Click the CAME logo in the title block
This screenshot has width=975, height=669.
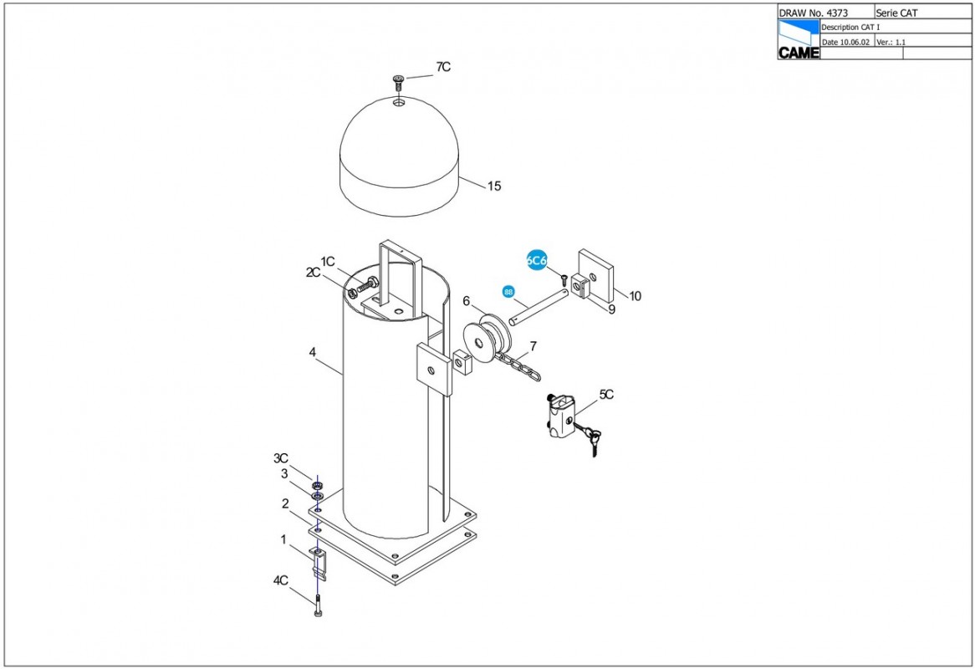point(799,40)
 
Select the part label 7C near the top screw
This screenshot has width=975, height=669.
point(442,67)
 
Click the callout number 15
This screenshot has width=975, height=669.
point(493,186)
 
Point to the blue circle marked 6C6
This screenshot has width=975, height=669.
point(536,261)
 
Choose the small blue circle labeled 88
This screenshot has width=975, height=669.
point(508,292)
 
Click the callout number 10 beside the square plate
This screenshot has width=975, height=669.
point(634,297)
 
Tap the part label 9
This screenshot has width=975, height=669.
point(612,309)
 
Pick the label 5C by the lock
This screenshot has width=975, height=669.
point(606,395)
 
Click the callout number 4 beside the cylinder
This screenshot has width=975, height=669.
point(312,353)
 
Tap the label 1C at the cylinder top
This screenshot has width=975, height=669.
point(328,262)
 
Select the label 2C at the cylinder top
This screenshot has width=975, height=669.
point(313,273)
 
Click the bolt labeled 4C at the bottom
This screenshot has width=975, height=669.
point(319,605)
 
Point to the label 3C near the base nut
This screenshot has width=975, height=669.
point(280,458)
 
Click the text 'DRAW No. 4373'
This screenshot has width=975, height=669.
point(813,13)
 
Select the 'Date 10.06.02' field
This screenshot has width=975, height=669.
point(845,43)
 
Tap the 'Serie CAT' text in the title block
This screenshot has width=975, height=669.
point(896,13)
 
